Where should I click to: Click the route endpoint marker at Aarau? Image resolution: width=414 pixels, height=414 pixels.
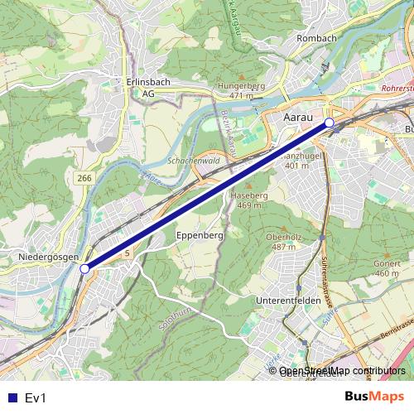point(330,123)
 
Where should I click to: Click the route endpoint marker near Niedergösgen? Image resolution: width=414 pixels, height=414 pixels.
point(84,268)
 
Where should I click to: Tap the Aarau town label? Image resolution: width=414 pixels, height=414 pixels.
point(300,119)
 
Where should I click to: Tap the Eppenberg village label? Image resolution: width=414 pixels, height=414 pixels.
point(200,236)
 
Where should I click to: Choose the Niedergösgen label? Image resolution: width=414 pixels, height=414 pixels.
point(48,258)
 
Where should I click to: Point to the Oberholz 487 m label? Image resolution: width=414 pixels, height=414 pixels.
point(282,242)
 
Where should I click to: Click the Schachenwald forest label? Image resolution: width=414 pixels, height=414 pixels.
point(192,160)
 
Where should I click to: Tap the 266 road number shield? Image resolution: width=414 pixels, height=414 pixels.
point(84,178)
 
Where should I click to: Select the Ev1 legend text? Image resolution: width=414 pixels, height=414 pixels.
point(35,397)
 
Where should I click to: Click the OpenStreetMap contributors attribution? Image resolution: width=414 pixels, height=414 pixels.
point(341,372)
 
